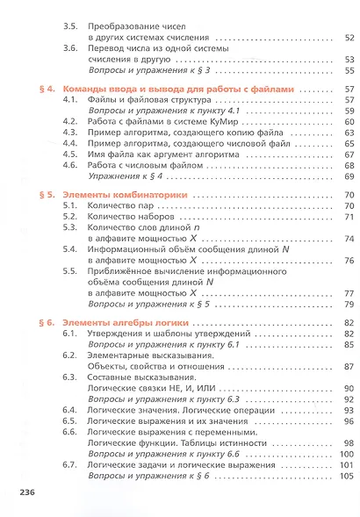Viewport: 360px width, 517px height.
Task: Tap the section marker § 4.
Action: point(48,90)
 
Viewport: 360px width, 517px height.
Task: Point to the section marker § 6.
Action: point(48,324)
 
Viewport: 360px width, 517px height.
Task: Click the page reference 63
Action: point(348,133)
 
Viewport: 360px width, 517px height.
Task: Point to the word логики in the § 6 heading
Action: point(164,324)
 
